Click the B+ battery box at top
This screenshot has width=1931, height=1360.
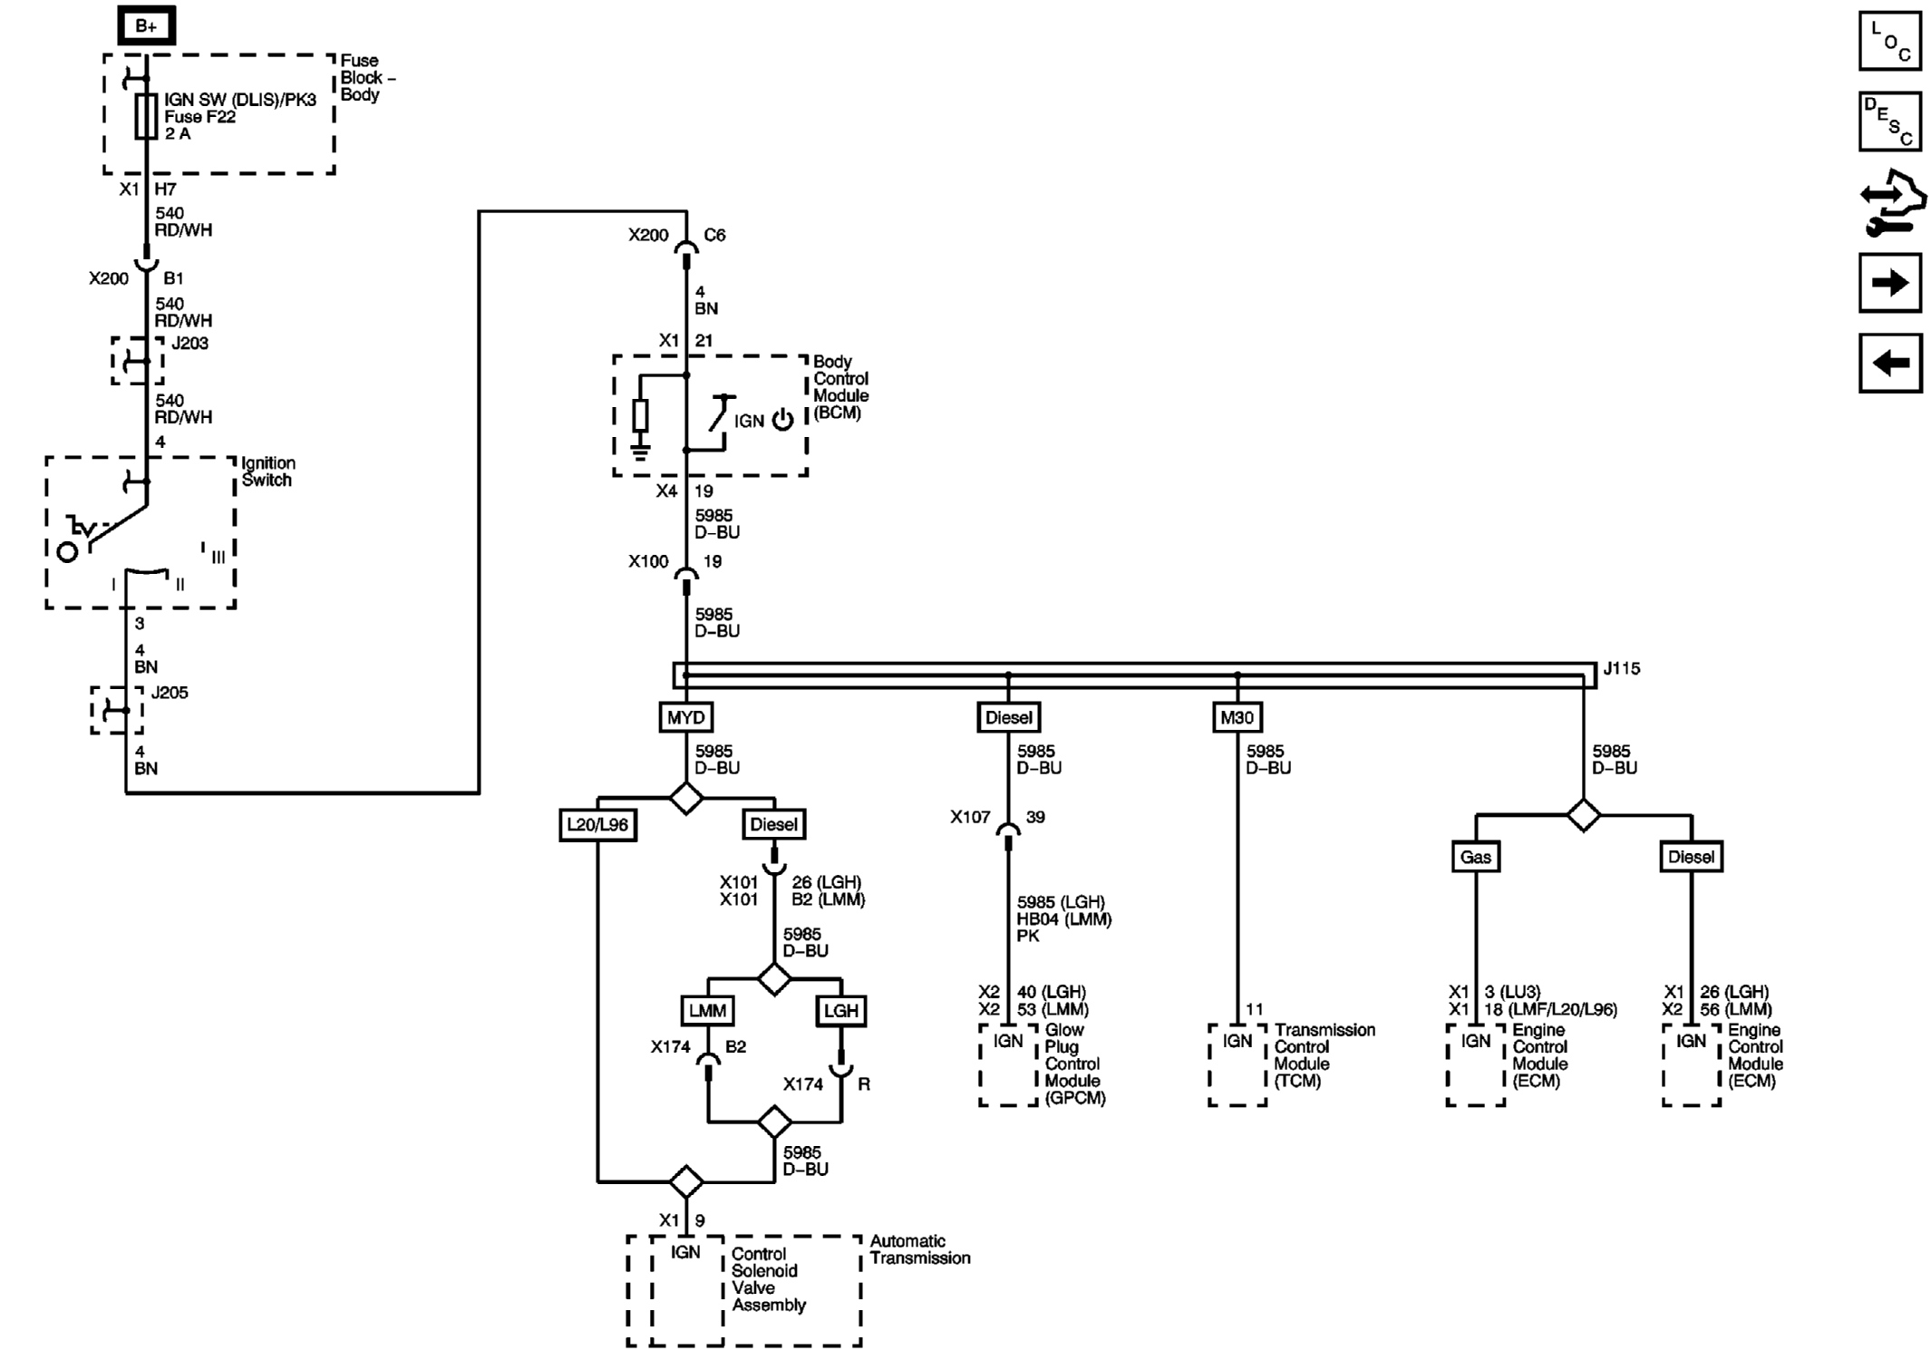pyautogui.click(x=146, y=26)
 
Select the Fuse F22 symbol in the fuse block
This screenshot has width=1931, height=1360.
pyautogui.click(x=146, y=116)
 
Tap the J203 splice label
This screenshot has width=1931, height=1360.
pyautogui.click(x=189, y=344)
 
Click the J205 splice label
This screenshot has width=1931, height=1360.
pyautogui.click(x=170, y=693)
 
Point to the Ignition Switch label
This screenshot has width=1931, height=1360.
pyautogui.click(x=267, y=471)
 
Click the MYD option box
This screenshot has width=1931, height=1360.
pyautogui.click(x=685, y=718)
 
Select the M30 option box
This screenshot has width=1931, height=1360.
pyautogui.click(x=1237, y=718)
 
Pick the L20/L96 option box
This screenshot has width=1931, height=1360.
pyautogui.click(x=597, y=825)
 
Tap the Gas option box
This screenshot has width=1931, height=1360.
pyautogui.click(x=1475, y=857)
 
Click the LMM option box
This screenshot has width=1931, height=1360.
pyautogui.click(x=707, y=1011)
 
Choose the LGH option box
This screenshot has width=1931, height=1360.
pyautogui.click(x=840, y=1011)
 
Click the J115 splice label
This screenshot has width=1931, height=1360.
pyautogui.click(x=1621, y=668)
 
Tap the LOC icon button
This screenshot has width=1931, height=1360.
pyautogui.click(x=1889, y=41)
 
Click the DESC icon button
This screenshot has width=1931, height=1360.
pyautogui.click(x=1889, y=121)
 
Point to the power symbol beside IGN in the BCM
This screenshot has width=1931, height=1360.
pyautogui.click(x=782, y=420)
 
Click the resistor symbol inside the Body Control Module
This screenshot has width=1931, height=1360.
pyautogui.click(x=640, y=416)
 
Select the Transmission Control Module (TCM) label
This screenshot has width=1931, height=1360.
pyautogui.click(x=1324, y=1055)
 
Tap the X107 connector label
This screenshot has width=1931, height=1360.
pyautogui.click(x=969, y=817)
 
